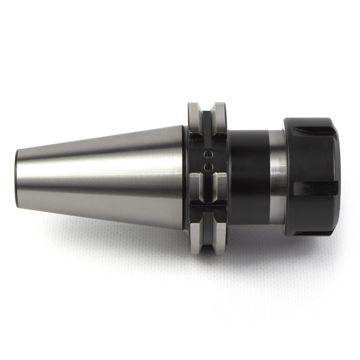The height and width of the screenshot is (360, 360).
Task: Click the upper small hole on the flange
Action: click(207, 154)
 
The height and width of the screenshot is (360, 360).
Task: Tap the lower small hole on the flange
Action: click(207, 167)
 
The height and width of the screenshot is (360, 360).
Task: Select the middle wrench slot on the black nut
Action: click(315, 188)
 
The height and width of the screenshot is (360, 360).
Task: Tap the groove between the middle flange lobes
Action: click(207, 189)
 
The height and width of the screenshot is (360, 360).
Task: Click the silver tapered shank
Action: click(103, 178)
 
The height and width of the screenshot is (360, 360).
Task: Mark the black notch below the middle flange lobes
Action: click(207, 211)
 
